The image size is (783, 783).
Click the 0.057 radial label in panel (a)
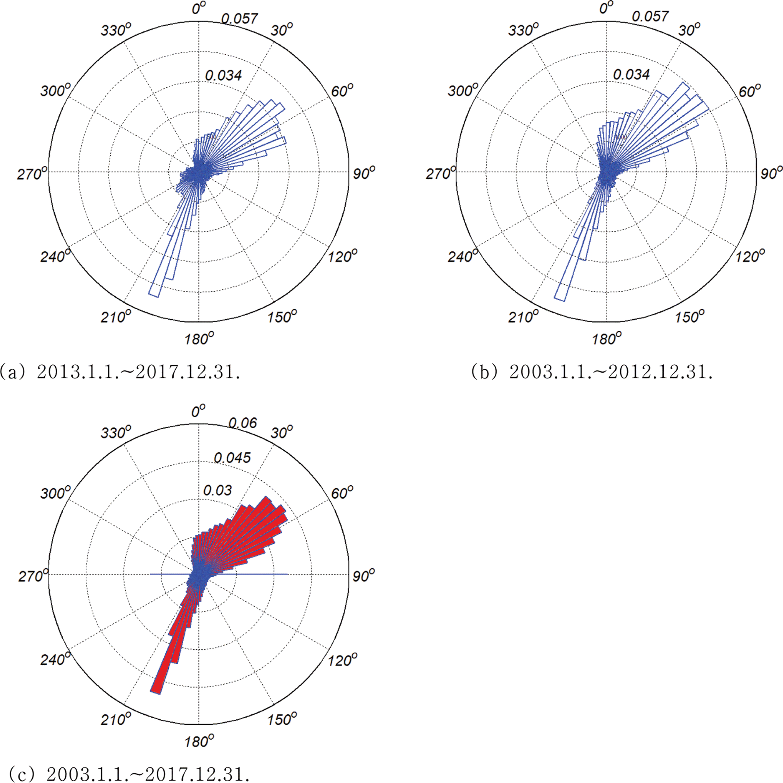(x=240, y=18)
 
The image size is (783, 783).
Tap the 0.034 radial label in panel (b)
(x=631, y=75)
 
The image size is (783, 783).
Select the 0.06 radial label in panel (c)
(x=242, y=423)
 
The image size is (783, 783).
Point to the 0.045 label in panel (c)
(x=232, y=458)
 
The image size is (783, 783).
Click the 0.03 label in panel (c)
(x=217, y=490)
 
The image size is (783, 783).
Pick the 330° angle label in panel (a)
(x=116, y=30)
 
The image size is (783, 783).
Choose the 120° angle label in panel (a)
(x=343, y=256)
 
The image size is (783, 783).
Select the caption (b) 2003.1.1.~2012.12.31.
(x=591, y=371)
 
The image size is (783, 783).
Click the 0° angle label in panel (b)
(x=607, y=8)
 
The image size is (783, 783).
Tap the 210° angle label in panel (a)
(x=116, y=317)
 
